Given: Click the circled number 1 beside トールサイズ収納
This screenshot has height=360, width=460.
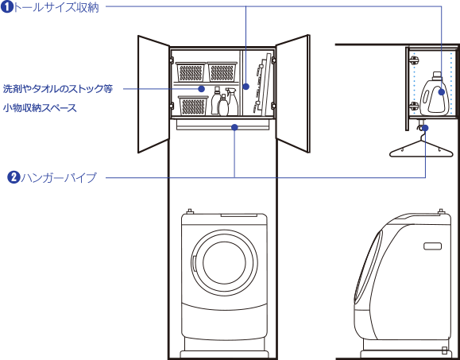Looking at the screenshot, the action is coord(6,7).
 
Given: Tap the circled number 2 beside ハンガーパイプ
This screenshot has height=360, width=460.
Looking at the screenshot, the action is coord(14,177).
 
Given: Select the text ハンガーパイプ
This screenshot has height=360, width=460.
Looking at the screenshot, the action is coord(59,178).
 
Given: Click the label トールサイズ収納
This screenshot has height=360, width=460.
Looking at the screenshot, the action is coord(56,8).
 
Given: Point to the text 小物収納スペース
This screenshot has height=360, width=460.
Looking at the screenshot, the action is coord(40,108).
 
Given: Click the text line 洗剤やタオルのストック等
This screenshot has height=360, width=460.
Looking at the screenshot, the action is coord(58,88).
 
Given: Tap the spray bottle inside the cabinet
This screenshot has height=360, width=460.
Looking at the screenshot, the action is coord(232,102).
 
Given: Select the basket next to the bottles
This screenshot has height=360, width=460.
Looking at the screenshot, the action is coord(193,106).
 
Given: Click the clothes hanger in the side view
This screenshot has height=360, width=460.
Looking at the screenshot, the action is coord(421,145).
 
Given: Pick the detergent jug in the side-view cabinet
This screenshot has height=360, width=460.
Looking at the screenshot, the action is coord(435,94).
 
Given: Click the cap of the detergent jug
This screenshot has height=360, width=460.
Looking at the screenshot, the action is coord(437,75).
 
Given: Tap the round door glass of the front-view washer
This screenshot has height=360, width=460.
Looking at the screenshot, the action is coord(224,261).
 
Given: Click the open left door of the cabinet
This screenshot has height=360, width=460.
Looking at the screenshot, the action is coord(153,94).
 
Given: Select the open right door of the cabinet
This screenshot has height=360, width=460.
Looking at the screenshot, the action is coord(292,94).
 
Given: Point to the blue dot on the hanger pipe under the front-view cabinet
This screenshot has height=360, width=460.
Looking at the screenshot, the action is coord(234,127).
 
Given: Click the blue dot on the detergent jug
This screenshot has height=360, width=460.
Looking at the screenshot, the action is coord(441,92).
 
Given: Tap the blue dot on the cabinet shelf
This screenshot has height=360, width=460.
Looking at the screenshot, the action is coord(201,88).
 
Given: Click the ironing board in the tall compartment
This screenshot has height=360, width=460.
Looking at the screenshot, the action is coord(262,84).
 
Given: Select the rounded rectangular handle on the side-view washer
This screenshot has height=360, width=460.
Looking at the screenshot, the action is coord(432,246).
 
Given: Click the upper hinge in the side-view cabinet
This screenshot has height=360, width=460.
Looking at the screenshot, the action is coord(414,60).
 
